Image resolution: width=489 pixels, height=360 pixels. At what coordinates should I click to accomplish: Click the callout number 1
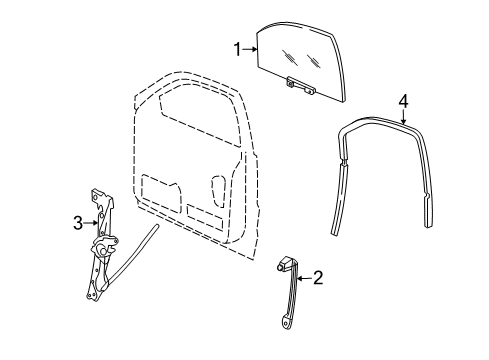tap(238, 48)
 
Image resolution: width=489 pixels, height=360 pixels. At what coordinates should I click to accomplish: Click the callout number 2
tap(318, 278)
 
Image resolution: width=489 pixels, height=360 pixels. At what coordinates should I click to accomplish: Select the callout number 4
tap(403, 100)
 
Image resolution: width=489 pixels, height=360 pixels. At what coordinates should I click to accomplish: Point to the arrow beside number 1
tap(250, 48)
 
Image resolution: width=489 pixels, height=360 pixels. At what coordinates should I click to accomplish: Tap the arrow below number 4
tap(403, 116)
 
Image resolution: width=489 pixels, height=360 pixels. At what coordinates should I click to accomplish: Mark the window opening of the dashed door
tap(195, 120)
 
